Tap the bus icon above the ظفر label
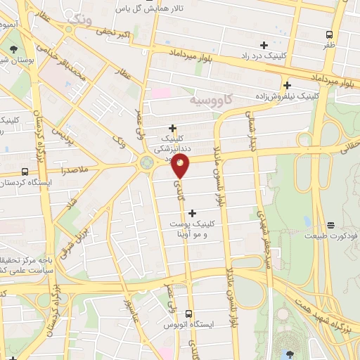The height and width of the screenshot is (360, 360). click(329, 34)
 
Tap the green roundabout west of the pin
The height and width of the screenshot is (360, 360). click(147, 163)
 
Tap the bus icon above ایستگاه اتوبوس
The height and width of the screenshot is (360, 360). click(188, 314)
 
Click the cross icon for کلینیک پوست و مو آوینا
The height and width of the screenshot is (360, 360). click(193, 212)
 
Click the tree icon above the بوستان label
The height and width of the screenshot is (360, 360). click(14, 49)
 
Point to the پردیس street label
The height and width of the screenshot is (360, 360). click(64, 134)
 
